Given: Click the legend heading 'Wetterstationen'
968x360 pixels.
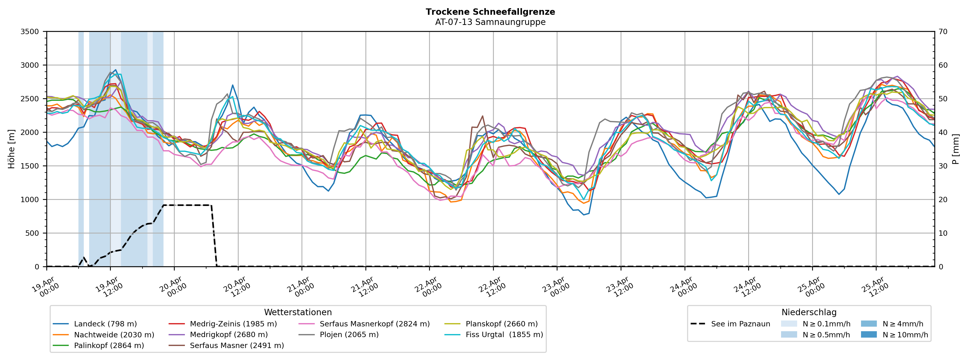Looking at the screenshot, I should [x=298, y=312].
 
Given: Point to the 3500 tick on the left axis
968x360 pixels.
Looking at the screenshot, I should [x=30, y=32].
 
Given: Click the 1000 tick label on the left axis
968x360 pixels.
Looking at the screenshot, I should [x=30, y=200].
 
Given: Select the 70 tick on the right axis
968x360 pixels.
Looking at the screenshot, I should [x=943, y=32].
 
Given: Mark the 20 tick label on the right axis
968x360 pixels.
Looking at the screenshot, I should [x=943, y=200].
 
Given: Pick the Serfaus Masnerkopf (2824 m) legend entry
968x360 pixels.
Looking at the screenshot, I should [x=374, y=324].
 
